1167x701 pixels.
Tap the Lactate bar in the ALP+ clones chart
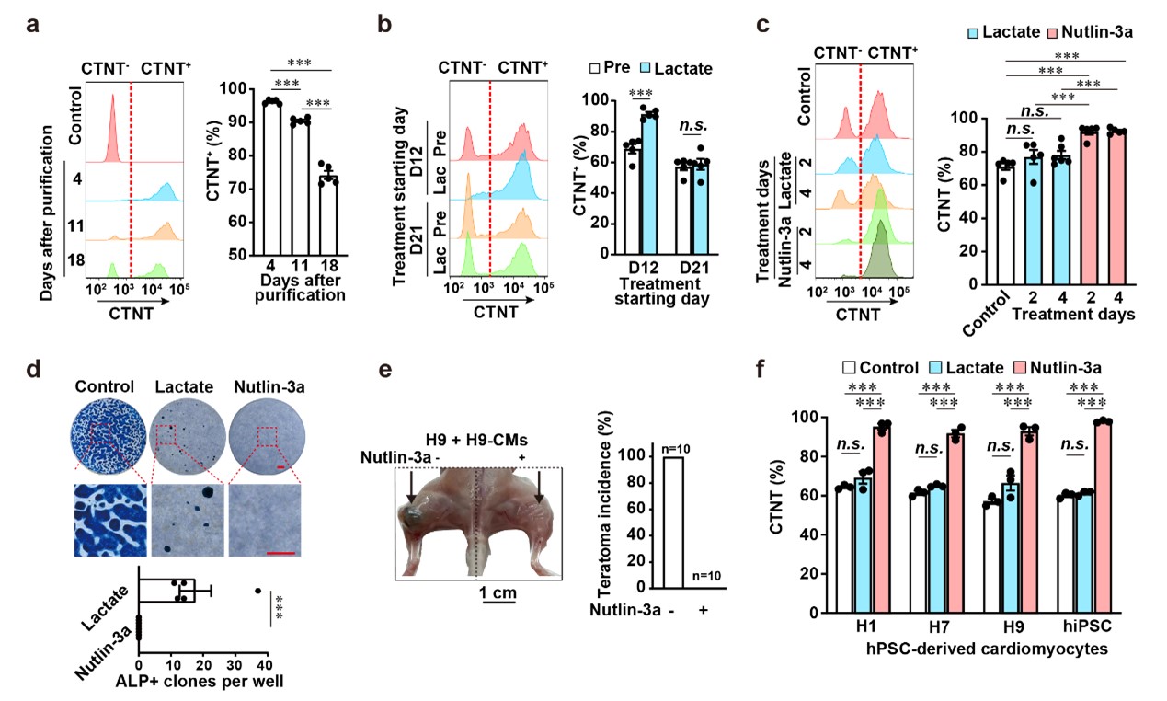click(166, 591)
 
